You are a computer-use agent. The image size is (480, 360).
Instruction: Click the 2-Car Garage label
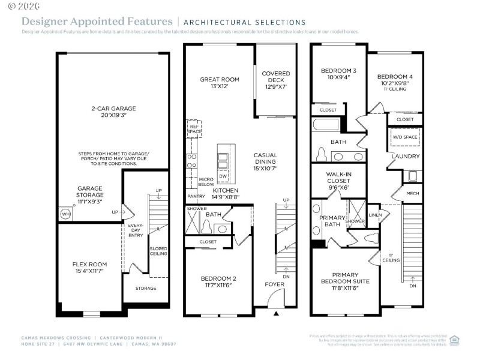(113, 112)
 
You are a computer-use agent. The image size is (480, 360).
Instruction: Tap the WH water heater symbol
(65, 214)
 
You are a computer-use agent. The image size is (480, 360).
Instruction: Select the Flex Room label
(89, 267)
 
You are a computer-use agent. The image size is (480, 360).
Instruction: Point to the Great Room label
(220, 83)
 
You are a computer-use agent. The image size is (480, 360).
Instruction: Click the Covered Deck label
(276, 80)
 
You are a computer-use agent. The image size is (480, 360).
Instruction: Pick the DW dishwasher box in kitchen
(222, 176)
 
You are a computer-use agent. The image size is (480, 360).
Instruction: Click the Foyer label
(275, 284)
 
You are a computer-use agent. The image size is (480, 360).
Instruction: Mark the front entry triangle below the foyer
(276, 314)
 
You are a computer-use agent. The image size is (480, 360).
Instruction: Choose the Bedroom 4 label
(395, 82)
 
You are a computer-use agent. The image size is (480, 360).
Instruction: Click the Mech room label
(413, 194)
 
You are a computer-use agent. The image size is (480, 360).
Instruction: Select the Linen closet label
(375, 215)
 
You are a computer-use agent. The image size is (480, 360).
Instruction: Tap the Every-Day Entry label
(134, 231)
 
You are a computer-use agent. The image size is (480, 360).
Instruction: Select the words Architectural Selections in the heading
(244, 22)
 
